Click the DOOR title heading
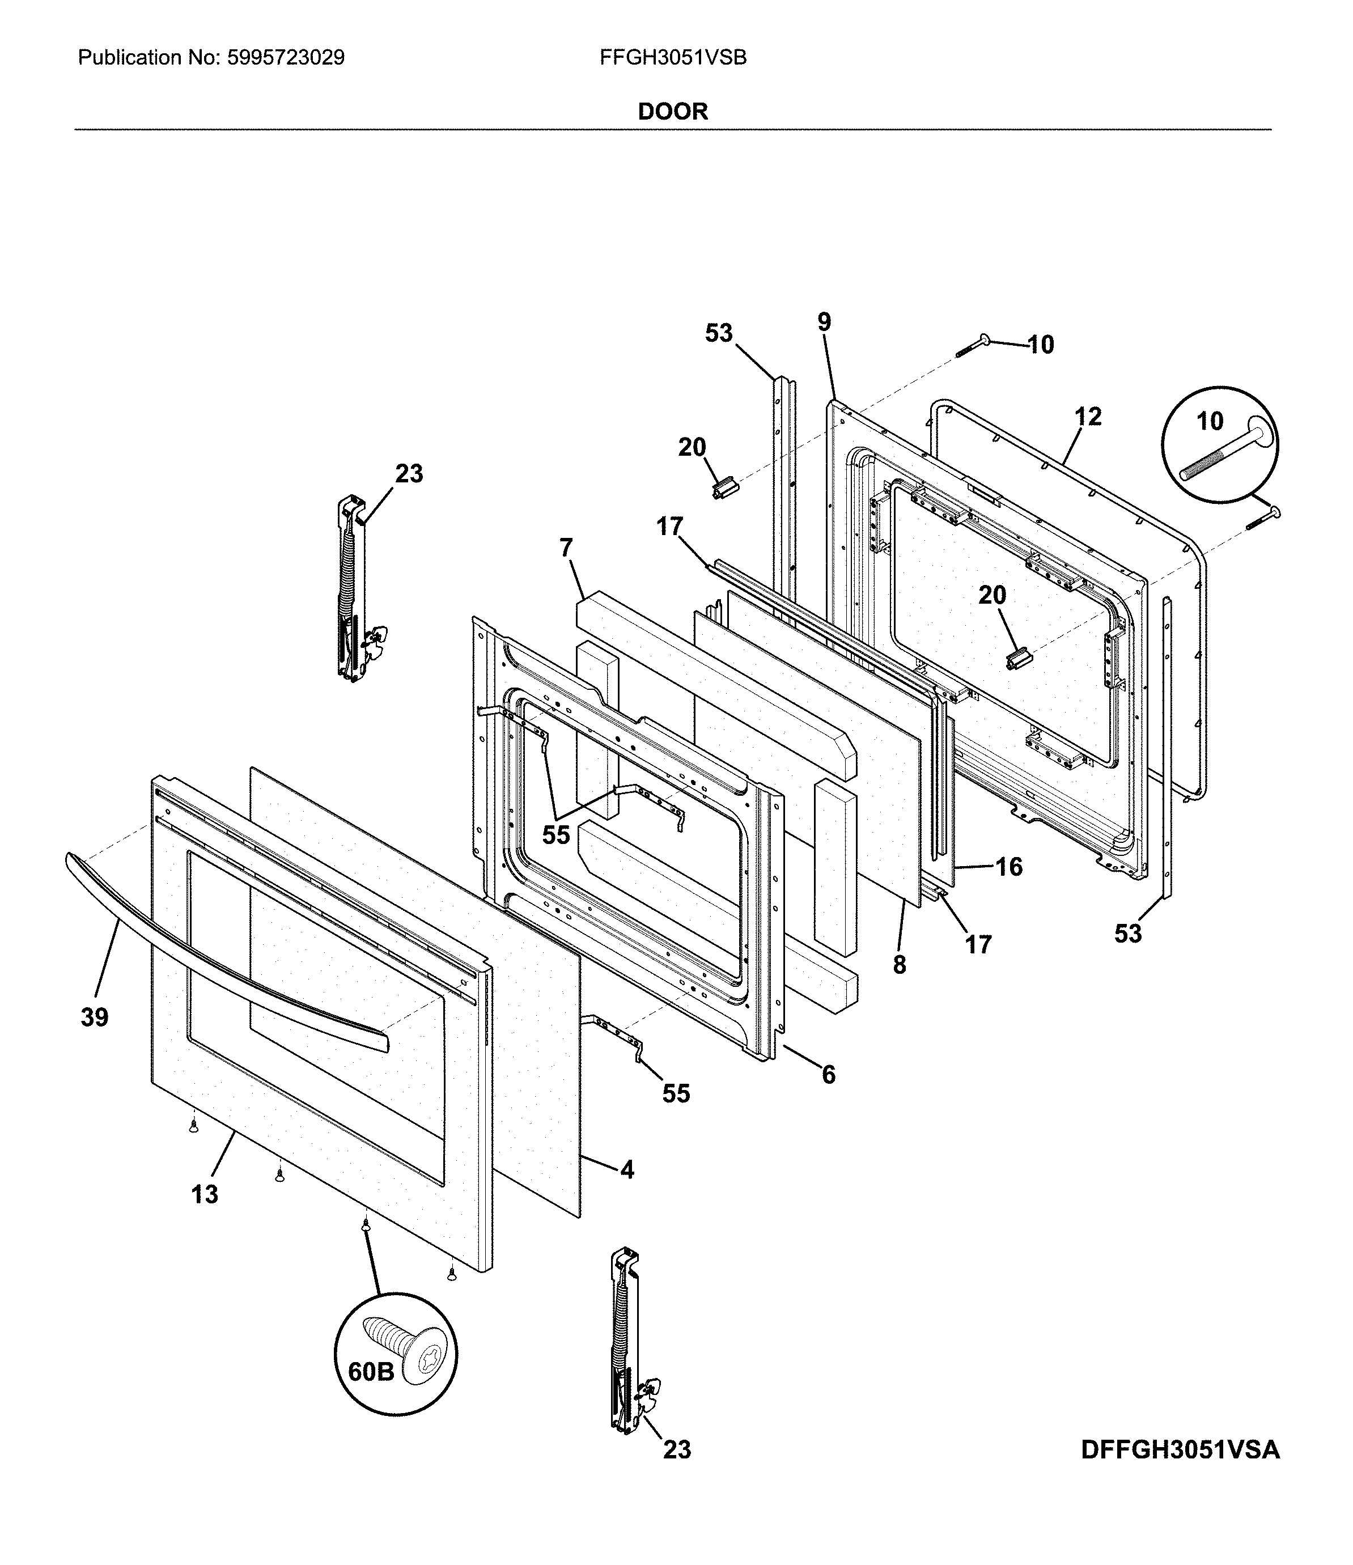coord(672,112)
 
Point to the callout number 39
coord(95,1017)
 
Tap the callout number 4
coord(627,1170)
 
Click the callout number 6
coord(828,1074)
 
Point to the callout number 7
coord(566,548)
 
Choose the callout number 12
coord(1088,416)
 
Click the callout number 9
coord(824,323)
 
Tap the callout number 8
coord(899,965)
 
